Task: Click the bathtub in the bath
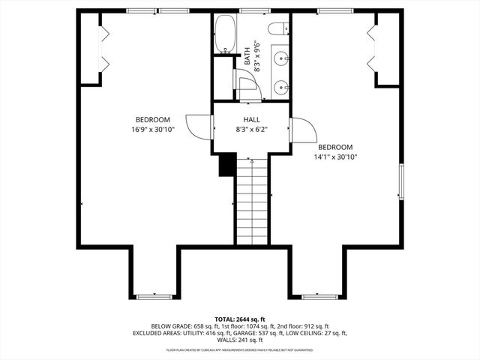coord(224,35)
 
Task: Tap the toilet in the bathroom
coord(278,30)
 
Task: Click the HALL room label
coord(251,120)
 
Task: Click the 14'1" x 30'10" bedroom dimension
coord(335,157)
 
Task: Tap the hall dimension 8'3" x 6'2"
coord(251,130)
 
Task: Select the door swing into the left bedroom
coord(199,127)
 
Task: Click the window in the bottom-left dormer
coord(154,297)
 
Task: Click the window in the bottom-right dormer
coord(319,297)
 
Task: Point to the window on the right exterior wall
coord(401,182)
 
